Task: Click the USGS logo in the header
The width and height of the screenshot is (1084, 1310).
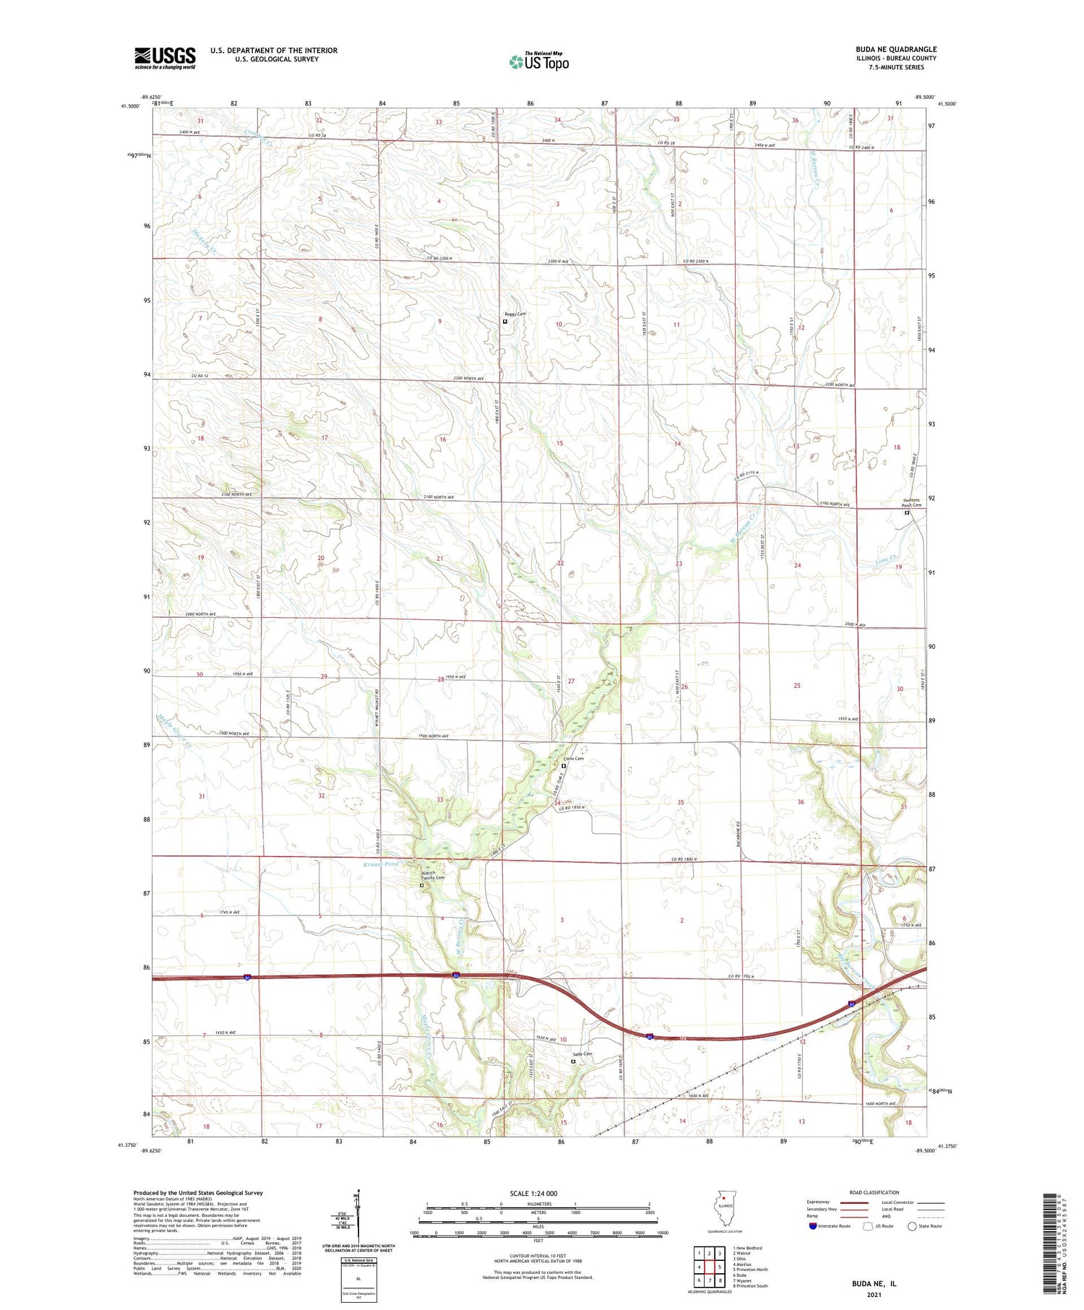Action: pos(165,58)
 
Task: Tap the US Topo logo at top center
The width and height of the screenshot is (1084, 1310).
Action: pos(538,62)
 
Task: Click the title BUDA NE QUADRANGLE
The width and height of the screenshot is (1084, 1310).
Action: pos(895,49)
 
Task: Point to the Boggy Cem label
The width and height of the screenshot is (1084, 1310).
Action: pos(515,314)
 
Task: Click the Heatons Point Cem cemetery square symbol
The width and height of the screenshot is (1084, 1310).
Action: pos(907,513)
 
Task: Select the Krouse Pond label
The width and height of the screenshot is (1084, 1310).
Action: pos(381,864)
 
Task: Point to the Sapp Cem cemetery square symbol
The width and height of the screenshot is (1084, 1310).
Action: pos(574,1062)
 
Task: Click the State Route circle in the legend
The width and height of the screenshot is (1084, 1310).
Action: pos(912,1226)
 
